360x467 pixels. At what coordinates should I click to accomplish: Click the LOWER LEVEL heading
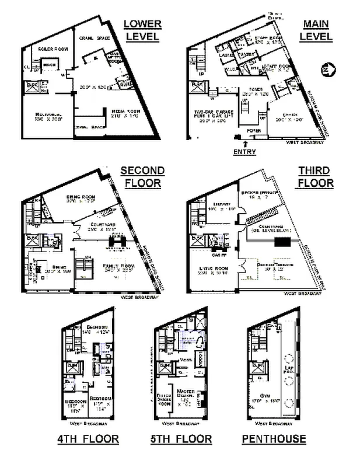click(142, 30)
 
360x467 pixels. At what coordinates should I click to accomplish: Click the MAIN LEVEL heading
click(317, 30)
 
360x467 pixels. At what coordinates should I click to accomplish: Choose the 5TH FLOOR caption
click(182, 438)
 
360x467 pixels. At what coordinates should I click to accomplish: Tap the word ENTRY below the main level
click(244, 152)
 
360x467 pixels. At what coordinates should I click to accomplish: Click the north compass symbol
click(326, 70)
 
